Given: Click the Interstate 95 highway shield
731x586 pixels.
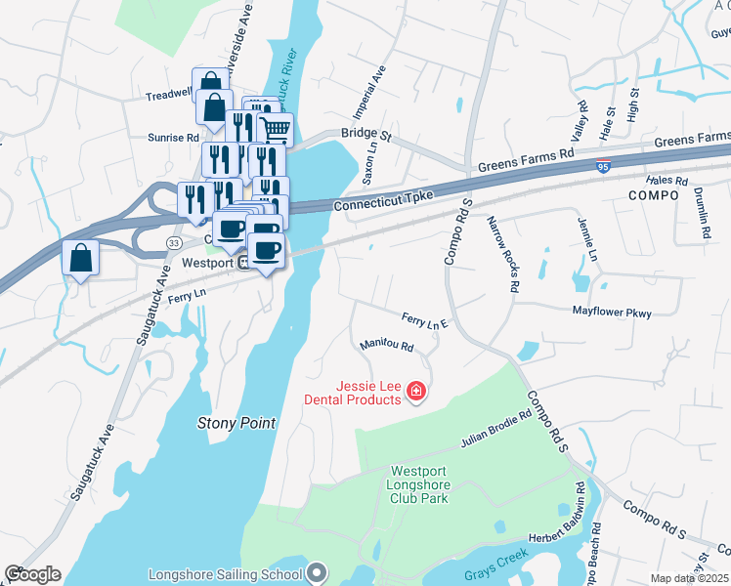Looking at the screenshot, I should coord(604,168).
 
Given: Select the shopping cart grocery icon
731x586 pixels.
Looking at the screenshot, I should coord(276,130).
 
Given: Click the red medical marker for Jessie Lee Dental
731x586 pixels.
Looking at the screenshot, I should coord(416,392).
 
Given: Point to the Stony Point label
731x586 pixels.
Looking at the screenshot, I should coord(236,424).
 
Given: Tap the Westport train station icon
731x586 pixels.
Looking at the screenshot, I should coord(242,264).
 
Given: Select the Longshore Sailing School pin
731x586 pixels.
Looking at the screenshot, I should coord(317,573).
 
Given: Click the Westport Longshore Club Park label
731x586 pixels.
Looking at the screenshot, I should coord(418,483).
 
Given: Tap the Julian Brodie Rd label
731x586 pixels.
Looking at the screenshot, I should coord(495,428).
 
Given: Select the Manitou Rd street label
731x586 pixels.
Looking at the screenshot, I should coord(386,345).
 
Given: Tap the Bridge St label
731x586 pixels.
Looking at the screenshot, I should coord(365,134).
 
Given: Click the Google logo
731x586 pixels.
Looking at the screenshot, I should coord(32,574).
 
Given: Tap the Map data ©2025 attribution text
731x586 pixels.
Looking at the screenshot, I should coord(689,578).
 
